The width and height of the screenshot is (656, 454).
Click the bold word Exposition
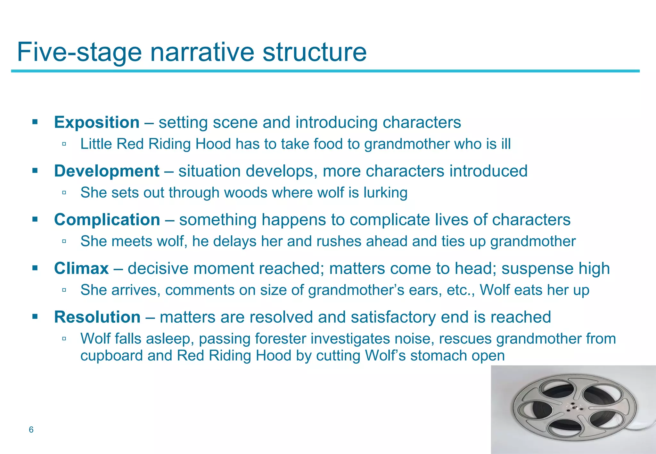click(97, 122)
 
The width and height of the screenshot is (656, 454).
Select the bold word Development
click(107, 171)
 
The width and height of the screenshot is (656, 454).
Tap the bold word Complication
click(107, 220)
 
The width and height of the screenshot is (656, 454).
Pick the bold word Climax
click(81, 268)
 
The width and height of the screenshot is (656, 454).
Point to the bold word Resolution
click(97, 317)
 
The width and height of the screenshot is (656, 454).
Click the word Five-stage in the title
click(79, 52)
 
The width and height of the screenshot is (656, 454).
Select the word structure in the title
click(315, 52)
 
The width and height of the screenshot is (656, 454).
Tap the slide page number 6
click(31, 430)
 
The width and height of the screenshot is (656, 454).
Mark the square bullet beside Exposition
click(35, 122)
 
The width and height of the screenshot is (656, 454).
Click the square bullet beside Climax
click(35, 268)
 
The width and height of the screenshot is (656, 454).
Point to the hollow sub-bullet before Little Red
click(64, 144)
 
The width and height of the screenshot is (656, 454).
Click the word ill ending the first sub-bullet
click(506, 144)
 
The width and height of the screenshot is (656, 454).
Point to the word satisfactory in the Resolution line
click(393, 317)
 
